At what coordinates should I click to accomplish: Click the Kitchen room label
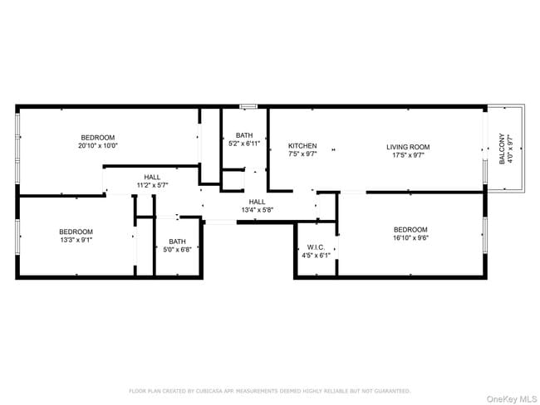[302, 146]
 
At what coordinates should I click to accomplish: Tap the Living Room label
[408, 147]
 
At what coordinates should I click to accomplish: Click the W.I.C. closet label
[315, 246]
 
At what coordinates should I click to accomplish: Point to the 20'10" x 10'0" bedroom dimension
[97, 145]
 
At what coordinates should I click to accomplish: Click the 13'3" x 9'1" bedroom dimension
[76, 240]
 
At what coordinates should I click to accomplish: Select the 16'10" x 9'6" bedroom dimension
[410, 238]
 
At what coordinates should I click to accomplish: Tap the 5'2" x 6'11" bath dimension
[244, 144]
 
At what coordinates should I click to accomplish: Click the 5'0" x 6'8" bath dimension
[175, 249]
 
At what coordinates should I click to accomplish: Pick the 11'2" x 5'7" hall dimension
[152, 186]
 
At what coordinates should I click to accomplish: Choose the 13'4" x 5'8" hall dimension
[257, 210]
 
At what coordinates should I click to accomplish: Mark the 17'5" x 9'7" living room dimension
[408, 154]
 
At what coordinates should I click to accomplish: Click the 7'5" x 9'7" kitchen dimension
[302, 154]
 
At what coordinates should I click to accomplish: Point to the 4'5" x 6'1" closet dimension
[315, 255]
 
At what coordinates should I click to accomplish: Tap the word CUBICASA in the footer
[207, 390]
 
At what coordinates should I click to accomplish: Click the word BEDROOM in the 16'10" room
[410, 230]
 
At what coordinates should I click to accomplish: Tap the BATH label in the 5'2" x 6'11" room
[244, 135]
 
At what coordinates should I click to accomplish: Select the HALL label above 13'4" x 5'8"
[257, 202]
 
